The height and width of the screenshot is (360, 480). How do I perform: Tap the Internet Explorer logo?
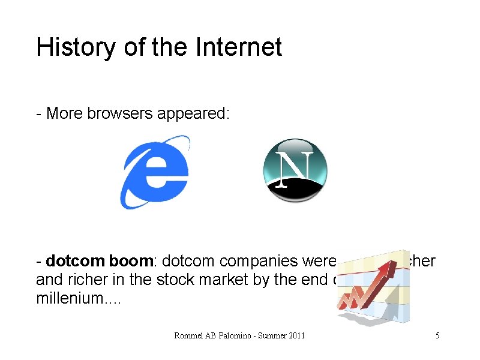point(155,172)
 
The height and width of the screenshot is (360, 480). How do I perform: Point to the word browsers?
point(120,113)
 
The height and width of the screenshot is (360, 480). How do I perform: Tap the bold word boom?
point(132,262)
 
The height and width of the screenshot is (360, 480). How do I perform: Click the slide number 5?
point(437,335)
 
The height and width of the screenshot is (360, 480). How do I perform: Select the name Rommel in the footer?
point(188,335)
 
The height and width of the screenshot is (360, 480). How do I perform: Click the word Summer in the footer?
point(267,335)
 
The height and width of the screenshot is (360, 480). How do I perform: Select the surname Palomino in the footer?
point(230,335)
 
